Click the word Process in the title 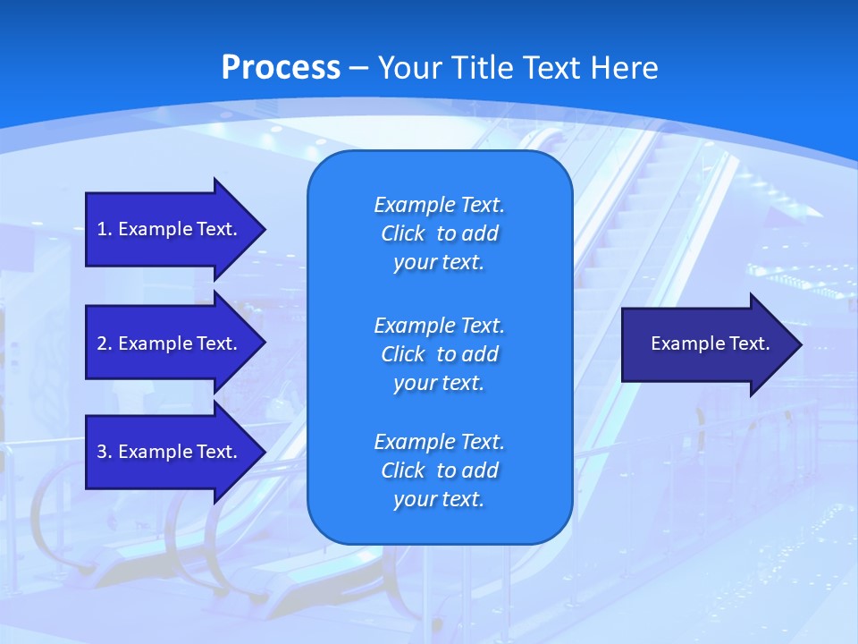point(281,68)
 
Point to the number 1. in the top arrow point(105,229)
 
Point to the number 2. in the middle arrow point(105,343)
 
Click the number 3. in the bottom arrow point(105,452)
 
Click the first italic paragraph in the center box point(439,233)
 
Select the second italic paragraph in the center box point(439,354)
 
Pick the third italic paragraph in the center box point(439,470)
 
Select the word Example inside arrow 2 point(155,343)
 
